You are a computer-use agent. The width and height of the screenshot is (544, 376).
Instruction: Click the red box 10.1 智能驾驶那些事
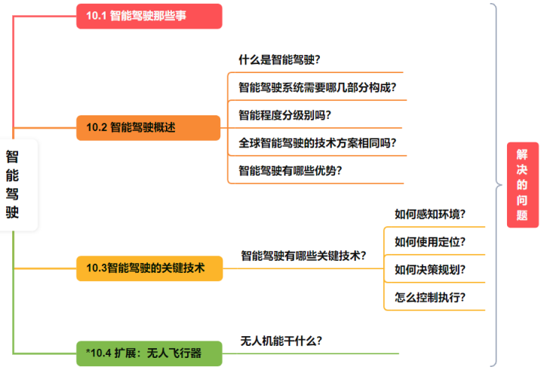tap(149, 16)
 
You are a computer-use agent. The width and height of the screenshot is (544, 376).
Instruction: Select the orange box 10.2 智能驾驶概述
tap(149, 127)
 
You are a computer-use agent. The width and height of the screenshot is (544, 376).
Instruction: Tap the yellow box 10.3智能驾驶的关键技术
tap(149, 267)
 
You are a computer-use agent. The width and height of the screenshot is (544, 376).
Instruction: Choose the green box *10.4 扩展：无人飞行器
tap(149, 353)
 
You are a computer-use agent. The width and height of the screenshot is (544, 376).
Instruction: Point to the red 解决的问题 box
tap(522, 185)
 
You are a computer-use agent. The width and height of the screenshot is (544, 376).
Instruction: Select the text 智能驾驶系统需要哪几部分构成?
tap(317, 87)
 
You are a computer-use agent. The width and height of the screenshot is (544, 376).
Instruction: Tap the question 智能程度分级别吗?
tap(284, 115)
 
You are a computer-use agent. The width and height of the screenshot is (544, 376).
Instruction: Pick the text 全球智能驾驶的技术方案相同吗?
tap(317, 142)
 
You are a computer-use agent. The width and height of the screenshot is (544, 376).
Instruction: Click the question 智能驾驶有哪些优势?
tap(290, 170)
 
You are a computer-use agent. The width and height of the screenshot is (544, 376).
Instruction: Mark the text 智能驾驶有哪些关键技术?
tap(303, 255)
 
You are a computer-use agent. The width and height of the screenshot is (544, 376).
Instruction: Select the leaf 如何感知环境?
tap(429, 214)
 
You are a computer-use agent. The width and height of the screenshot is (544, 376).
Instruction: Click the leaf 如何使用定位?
tap(429, 242)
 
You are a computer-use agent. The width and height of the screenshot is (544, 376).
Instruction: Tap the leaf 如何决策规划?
tap(429, 269)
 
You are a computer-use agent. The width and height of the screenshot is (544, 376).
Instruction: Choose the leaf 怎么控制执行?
tap(429, 297)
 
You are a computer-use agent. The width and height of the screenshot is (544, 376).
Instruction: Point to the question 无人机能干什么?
tap(281, 341)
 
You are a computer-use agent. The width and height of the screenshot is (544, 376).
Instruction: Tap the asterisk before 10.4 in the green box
tap(88, 352)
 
